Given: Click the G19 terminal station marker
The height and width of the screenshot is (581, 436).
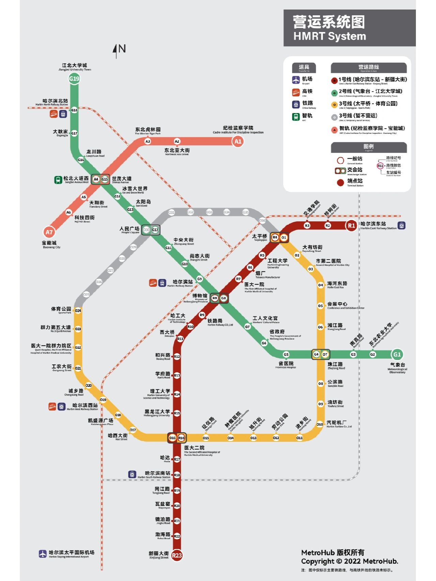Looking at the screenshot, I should click(74, 79).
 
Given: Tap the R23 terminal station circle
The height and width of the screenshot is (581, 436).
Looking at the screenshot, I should click(177, 555).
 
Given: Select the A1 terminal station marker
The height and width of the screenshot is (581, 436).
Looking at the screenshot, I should click(238, 141).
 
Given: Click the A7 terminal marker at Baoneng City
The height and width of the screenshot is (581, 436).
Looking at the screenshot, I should click(49, 232).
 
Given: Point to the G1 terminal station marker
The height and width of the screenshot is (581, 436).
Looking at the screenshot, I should click(397, 354).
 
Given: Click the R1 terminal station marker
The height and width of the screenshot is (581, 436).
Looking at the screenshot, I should click(351, 225).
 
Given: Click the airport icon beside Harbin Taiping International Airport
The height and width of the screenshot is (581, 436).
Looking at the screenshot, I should click(43, 554).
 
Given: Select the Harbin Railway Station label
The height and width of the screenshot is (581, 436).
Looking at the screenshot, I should click(183, 282).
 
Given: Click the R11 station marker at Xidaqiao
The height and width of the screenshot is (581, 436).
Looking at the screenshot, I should click(180, 339).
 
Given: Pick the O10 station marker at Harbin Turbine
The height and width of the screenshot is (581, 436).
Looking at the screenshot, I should click(320, 424).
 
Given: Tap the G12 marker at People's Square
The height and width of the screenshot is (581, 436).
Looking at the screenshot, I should click(155, 230).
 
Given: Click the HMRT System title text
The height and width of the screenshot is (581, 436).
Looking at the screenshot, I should click(329, 36).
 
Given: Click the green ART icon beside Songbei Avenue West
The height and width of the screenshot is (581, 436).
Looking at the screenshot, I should click(58, 179).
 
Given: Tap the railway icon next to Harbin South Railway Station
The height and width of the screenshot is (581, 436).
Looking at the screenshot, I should click(132, 474).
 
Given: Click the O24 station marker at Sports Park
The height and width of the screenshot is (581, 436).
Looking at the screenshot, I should click(78, 311).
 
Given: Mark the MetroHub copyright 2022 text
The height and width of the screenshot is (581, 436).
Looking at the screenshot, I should click(349, 561).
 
